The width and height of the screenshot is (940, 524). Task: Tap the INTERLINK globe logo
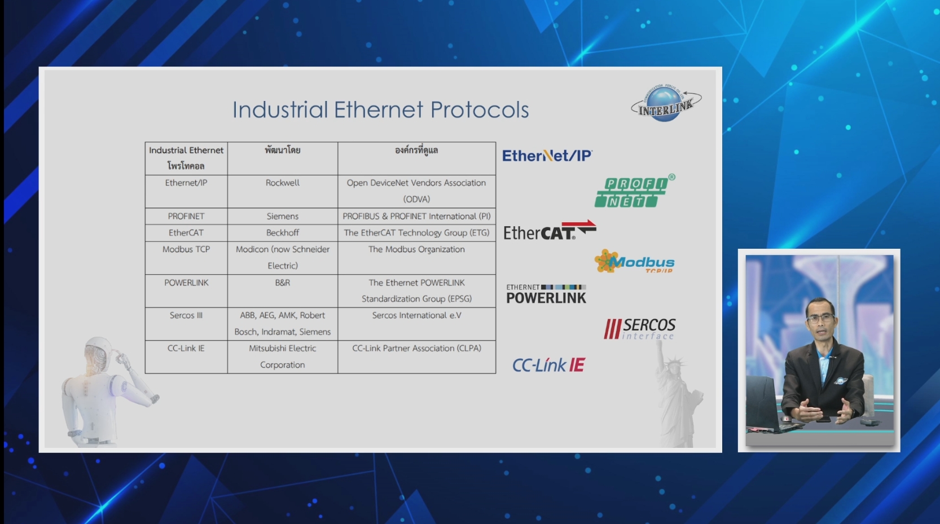[666, 103]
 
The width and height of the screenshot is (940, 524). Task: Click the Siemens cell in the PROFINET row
[283, 216]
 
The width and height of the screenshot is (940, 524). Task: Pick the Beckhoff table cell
[283, 232]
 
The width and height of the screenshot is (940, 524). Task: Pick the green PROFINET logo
[635, 191]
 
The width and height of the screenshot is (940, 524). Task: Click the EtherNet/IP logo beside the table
[547, 156]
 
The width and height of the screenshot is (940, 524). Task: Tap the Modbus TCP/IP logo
[635, 261]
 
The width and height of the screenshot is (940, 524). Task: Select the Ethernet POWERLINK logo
[546, 293]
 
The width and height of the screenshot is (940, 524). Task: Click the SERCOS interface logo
[639, 328]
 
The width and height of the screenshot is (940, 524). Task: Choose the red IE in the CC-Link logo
[577, 365]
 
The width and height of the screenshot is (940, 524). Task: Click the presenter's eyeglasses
[820, 318]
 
